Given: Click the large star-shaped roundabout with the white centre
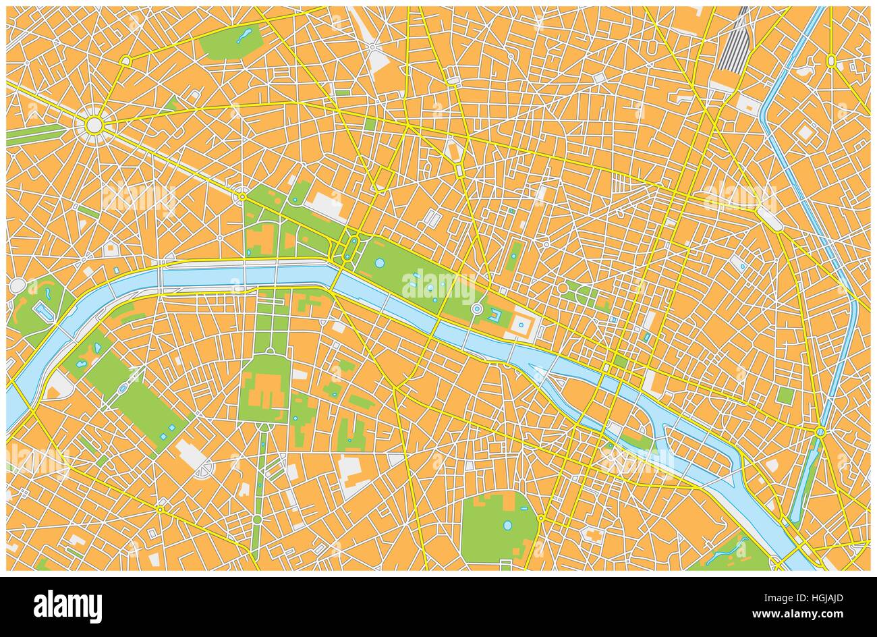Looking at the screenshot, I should click(94, 124).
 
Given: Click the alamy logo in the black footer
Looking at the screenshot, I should click(67, 605).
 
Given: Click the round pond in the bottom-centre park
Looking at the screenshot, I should click(507, 524).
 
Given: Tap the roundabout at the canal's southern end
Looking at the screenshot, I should click(820, 431).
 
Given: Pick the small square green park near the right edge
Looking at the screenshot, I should click(784, 395).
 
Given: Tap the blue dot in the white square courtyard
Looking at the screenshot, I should click(521, 325).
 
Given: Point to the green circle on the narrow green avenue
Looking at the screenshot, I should click(257, 518).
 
